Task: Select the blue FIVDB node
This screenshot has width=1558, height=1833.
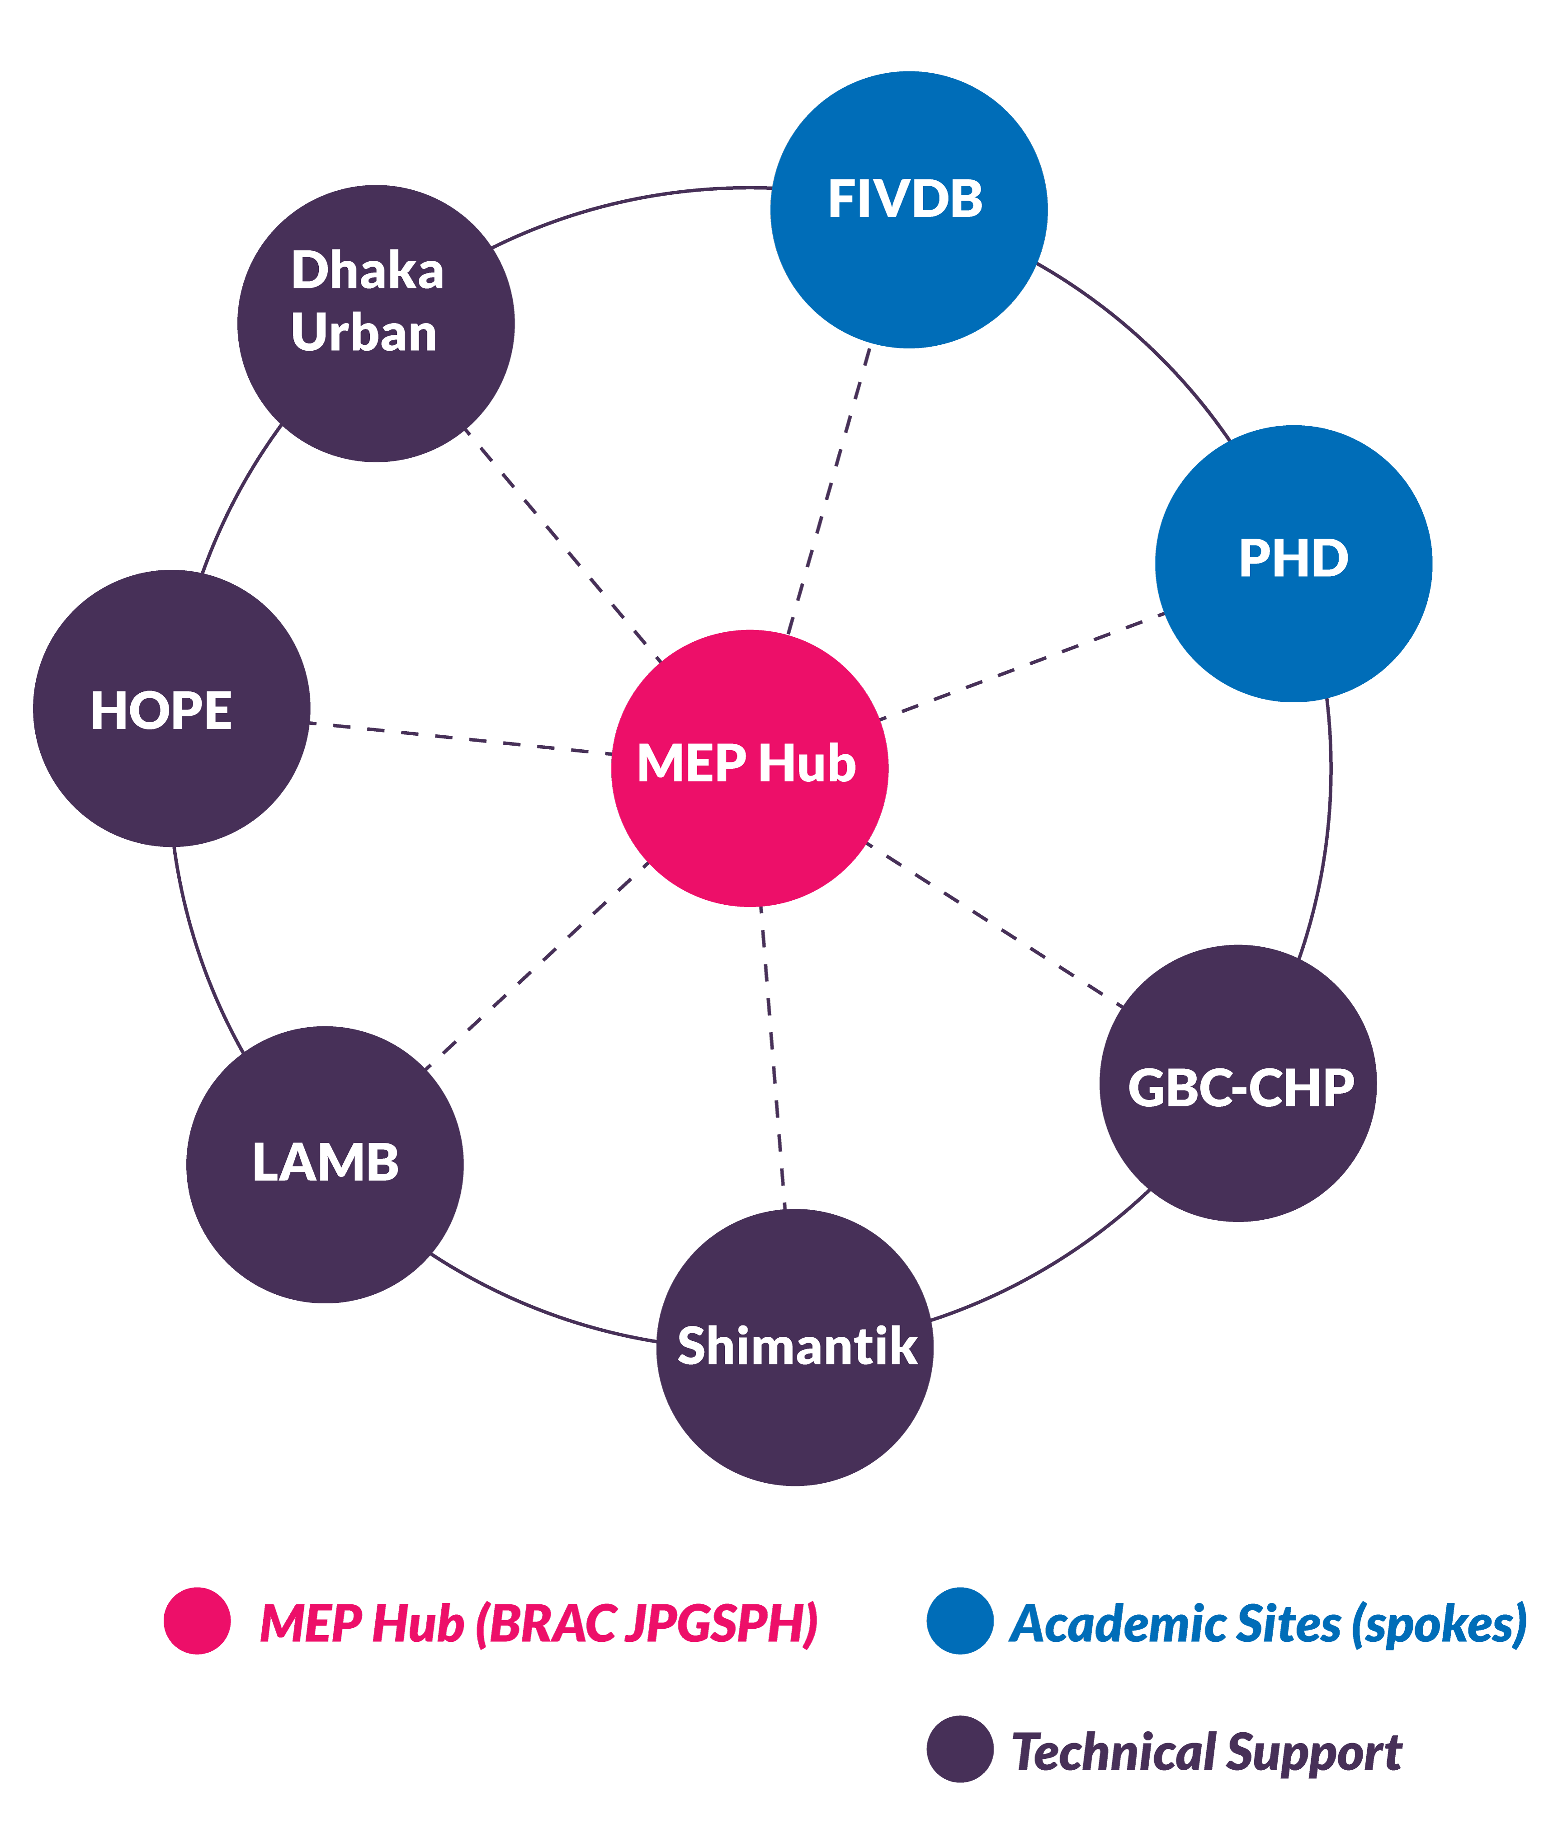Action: [x=909, y=210]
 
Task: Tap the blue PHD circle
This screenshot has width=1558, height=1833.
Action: [x=1293, y=563]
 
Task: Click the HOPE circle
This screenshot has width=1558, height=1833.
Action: [x=171, y=708]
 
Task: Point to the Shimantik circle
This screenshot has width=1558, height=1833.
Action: [x=795, y=1346]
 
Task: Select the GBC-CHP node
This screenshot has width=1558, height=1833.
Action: [x=1237, y=1083]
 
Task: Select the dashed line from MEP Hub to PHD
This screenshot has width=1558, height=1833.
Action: [x=1022, y=667]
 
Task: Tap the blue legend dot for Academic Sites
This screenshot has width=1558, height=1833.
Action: [x=960, y=1620]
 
